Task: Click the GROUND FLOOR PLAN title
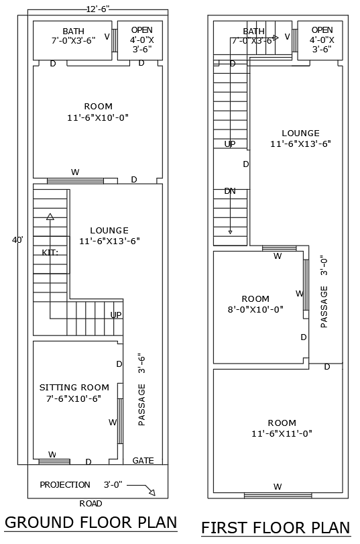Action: (91, 522)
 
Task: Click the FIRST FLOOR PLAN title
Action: (276, 527)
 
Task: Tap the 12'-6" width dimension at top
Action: (98, 9)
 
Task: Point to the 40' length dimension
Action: (17, 239)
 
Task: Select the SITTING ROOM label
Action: (74, 387)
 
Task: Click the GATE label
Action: (143, 461)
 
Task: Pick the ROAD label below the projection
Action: (91, 503)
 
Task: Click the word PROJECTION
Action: (65, 484)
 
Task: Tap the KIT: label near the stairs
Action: (50, 252)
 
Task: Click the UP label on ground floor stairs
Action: (116, 315)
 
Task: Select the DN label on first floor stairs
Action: (230, 191)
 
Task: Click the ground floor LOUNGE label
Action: (109, 230)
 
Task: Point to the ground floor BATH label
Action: (74, 31)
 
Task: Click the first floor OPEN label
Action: (322, 30)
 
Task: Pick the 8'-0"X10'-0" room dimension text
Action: (255, 309)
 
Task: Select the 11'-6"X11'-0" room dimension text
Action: (282, 433)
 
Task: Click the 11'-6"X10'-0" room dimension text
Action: (98, 117)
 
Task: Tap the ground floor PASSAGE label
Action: (141, 404)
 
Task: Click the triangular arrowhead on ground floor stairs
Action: (50, 217)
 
